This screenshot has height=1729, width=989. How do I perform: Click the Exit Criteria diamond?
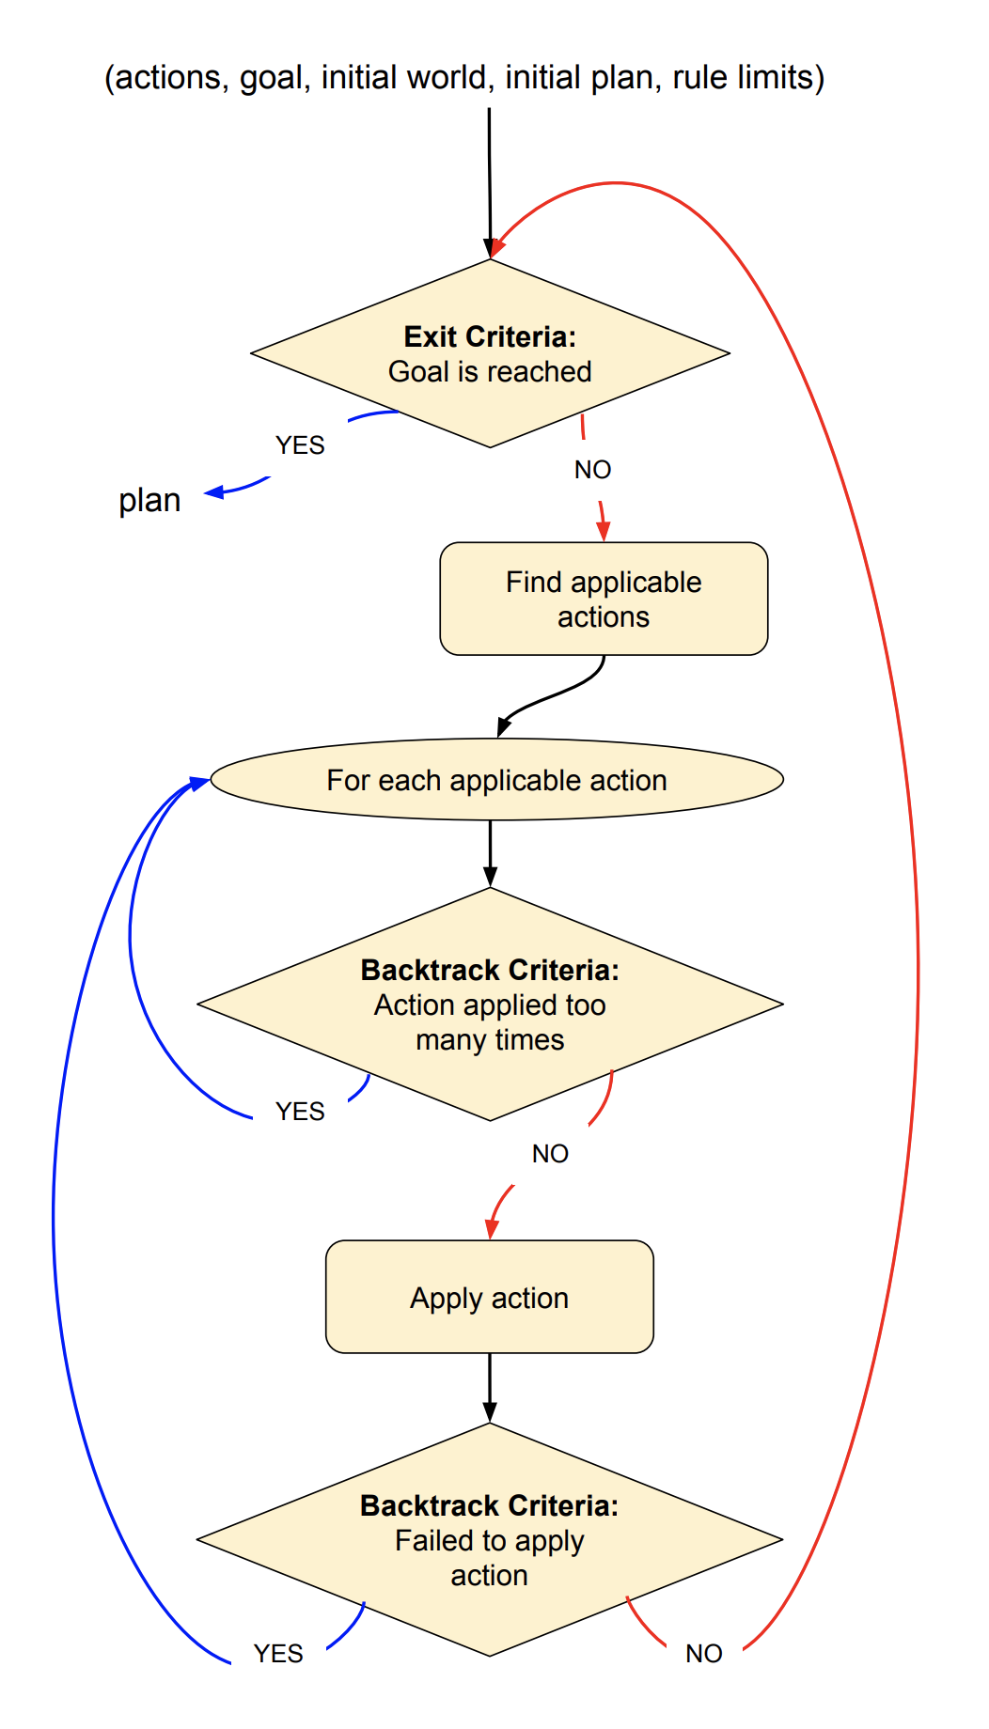tap(490, 353)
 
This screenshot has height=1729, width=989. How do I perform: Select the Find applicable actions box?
tap(604, 599)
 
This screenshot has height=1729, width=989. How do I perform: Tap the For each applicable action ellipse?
tap(496, 780)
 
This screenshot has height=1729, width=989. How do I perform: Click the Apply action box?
tap(489, 1297)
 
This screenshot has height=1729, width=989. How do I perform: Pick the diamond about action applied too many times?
tap(490, 1005)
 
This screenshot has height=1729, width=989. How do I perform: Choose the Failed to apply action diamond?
tap(489, 1539)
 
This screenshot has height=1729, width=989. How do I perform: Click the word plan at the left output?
tap(149, 500)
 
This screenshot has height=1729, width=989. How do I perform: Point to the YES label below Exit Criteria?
tap(300, 445)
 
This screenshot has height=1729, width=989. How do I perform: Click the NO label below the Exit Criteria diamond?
tap(592, 470)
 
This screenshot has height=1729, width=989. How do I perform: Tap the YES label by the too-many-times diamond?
tap(300, 1112)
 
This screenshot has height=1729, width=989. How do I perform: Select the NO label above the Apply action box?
tap(550, 1154)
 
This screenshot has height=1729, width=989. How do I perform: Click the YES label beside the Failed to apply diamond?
tap(278, 1654)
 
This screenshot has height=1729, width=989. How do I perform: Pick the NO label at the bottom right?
tap(703, 1654)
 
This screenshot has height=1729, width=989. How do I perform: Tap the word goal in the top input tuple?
tap(273, 77)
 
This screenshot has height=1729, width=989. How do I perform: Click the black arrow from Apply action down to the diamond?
tap(490, 1388)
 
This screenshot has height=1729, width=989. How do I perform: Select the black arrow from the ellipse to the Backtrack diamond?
tap(490, 853)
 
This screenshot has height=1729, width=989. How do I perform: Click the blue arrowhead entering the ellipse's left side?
tap(199, 782)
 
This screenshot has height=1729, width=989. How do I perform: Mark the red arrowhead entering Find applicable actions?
tap(603, 531)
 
